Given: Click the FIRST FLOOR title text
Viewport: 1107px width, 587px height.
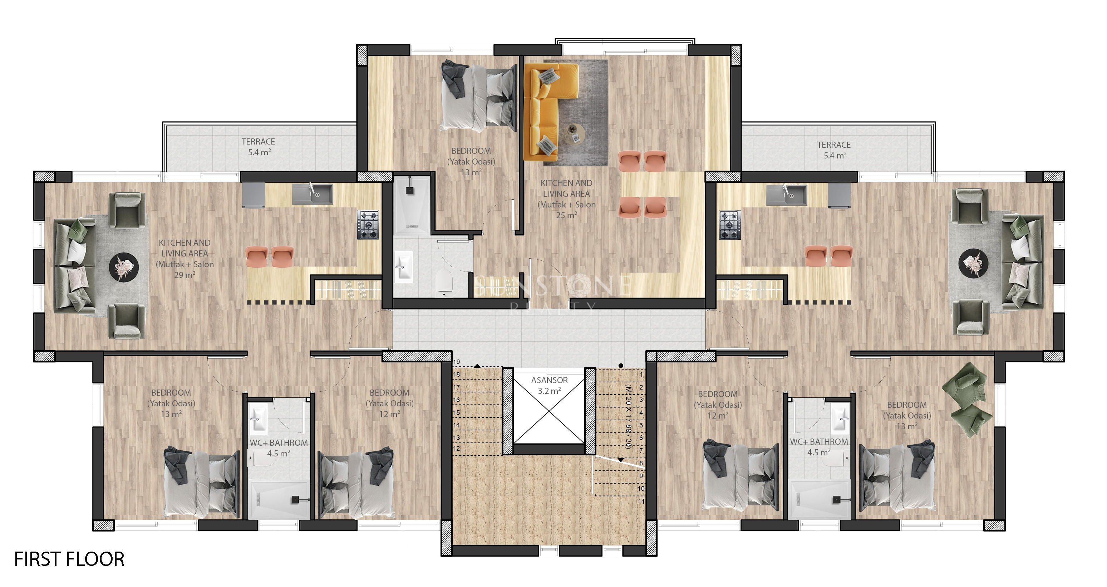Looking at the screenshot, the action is click(x=69, y=559).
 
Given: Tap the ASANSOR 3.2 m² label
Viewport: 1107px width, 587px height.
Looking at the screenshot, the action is click(x=549, y=385).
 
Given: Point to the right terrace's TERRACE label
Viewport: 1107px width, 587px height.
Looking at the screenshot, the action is click(x=834, y=145).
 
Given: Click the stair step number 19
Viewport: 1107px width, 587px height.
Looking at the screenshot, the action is click(x=456, y=362).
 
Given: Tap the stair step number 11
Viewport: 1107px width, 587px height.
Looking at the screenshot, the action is click(x=641, y=501).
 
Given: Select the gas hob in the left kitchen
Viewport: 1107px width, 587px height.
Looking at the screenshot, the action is click(x=368, y=225).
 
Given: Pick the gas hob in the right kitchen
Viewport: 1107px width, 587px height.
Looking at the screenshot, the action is click(x=730, y=225).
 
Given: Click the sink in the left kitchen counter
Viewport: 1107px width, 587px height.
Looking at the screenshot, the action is click(x=313, y=194).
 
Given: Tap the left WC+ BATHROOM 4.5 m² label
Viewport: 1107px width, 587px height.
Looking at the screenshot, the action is click(x=279, y=447).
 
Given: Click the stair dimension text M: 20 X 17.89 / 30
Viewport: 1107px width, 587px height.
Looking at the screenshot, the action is click(x=628, y=416).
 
